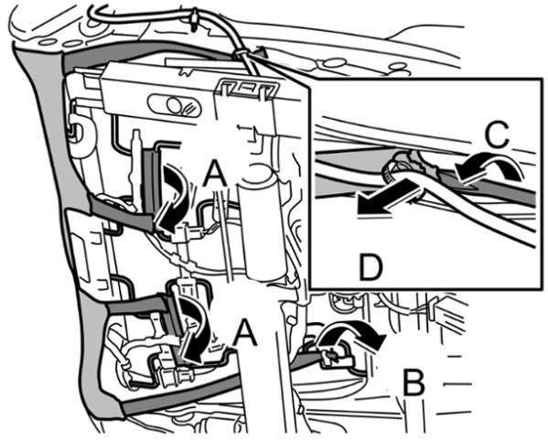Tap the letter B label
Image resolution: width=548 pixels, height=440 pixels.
point(414,382)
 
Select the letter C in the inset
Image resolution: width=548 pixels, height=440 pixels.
point(497,134)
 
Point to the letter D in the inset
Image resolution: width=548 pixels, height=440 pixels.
point(371,267)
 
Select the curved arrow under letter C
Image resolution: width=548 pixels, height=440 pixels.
point(489,167)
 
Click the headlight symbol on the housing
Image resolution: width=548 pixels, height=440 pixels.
point(176,105)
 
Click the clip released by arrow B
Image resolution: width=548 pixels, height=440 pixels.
point(335,359)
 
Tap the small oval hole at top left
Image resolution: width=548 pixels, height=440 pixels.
point(48,42)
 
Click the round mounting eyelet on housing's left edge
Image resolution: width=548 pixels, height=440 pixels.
point(79,132)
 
